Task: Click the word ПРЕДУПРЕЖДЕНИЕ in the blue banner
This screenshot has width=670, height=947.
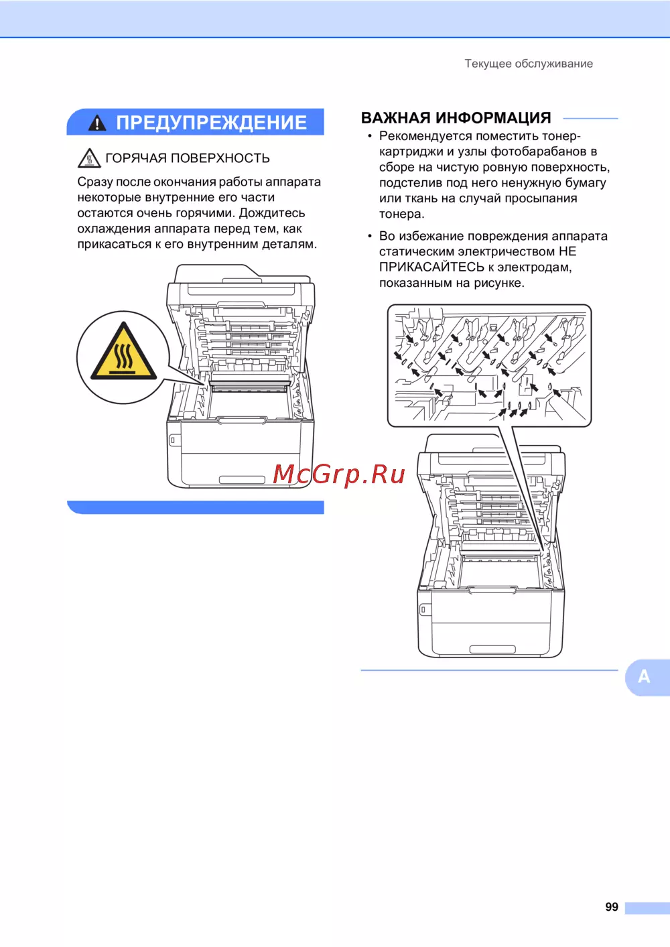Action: click(211, 123)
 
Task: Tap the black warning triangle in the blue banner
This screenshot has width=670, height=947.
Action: click(97, 123)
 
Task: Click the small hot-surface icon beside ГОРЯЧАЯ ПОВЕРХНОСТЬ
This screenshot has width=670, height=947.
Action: click(89, 158)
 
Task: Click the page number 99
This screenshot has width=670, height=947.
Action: click(612, 906)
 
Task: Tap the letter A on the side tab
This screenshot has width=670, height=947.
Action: click(644, 676)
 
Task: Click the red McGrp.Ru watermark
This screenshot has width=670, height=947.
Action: click(339, 474)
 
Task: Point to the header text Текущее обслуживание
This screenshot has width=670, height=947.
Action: click(529, 64)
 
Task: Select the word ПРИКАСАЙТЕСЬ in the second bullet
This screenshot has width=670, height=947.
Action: click(431, 267)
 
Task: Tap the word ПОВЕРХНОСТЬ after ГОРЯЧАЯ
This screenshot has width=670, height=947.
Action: click(220, 158)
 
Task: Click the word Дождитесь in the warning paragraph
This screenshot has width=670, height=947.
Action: click(272, 213)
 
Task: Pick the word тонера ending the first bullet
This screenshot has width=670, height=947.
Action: click(400, 214)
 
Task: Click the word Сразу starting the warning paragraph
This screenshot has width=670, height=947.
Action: click(95, 182)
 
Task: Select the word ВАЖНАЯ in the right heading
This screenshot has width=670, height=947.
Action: click(396, 118)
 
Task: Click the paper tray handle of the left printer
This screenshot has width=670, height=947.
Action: click(243, 479)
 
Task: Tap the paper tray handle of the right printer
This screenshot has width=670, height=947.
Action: click(492, 649)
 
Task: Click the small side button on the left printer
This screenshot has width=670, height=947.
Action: click(172, 440)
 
